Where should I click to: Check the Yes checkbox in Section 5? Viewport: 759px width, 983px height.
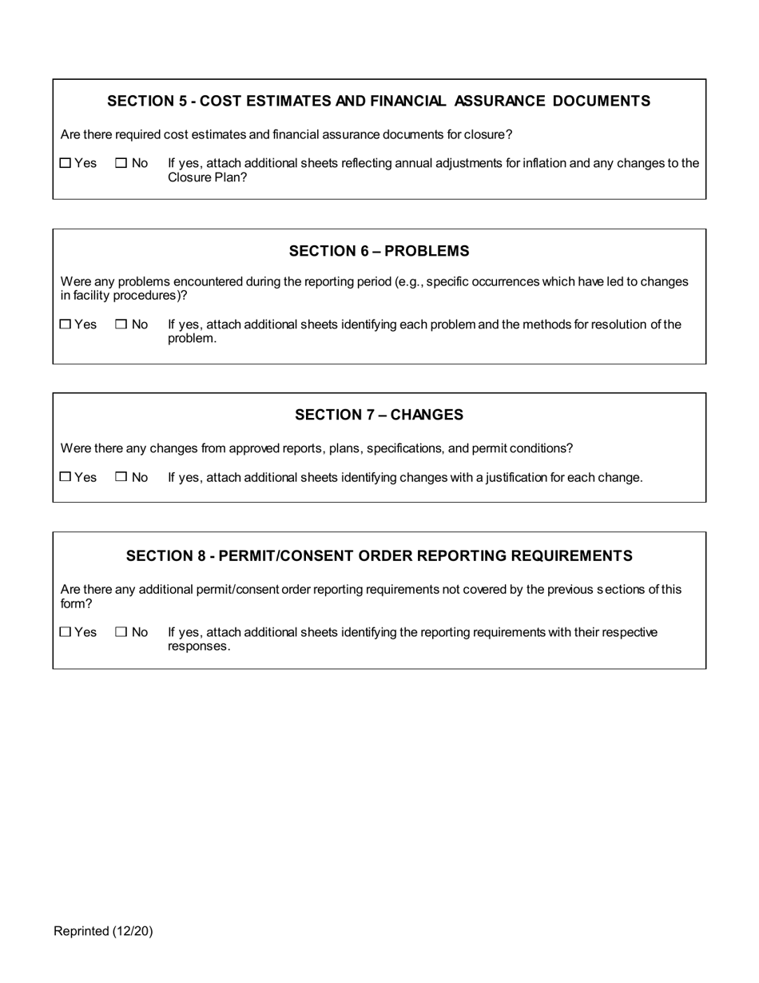pos(66,163)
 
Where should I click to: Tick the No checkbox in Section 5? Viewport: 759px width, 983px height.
pos(121,163)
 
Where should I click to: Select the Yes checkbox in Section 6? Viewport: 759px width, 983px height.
pos(66,324)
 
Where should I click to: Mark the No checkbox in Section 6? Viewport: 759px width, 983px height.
pos(121,324)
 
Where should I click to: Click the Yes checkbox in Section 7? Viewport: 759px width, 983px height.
pos(66,477)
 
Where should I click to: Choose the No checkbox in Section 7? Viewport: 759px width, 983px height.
pos(121,477)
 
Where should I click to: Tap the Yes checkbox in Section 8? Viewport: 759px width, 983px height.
pos(66,632)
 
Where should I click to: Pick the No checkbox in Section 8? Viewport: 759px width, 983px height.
pos(121,632)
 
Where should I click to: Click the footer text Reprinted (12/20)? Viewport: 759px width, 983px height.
pos(103,931)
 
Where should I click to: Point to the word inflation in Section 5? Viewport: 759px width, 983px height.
pos(544,163)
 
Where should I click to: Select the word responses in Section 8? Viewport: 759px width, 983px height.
pos(197,647)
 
